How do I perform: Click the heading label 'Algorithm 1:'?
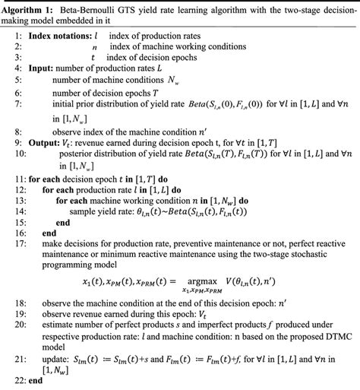point(30,8)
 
